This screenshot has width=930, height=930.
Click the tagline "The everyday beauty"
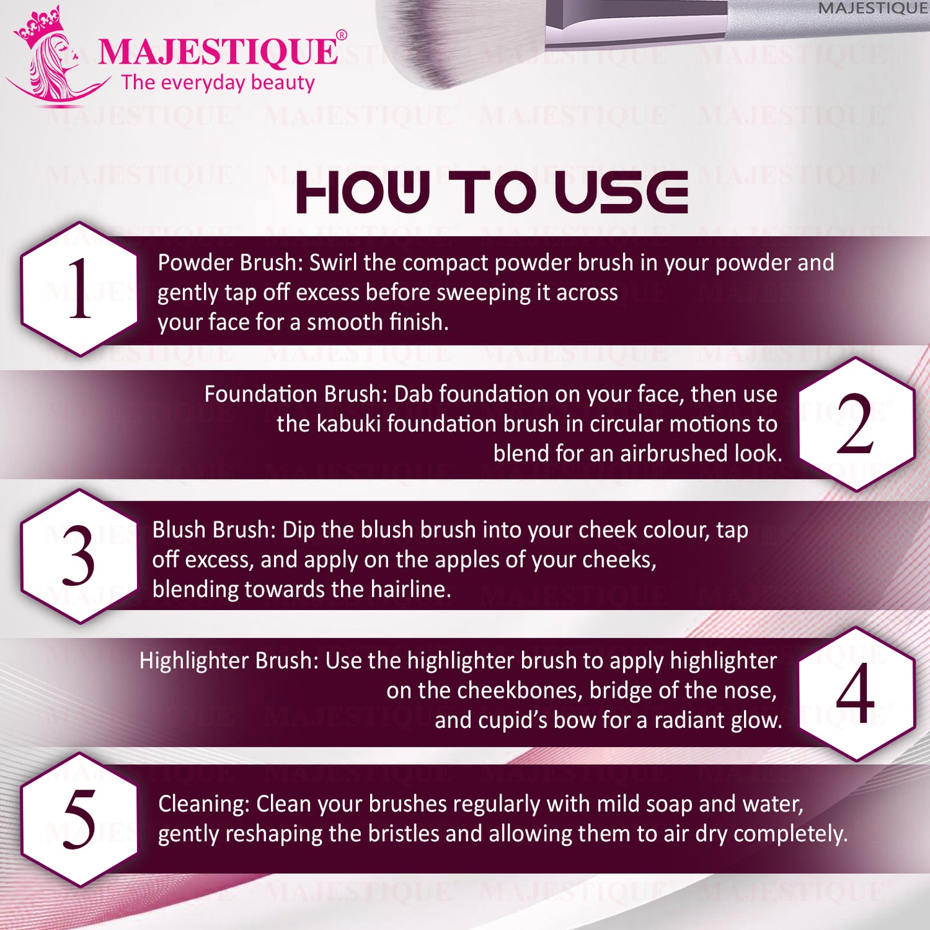click(218, 83)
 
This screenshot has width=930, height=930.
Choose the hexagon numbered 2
click(857, 424)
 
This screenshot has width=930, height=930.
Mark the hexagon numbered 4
click(857, 694)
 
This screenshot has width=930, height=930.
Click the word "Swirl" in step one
click(333, 263)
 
